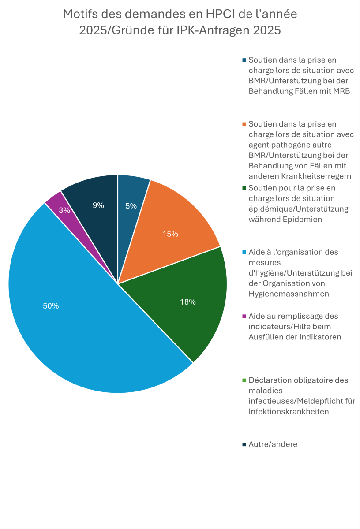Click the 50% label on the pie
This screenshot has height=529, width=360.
[51, 306]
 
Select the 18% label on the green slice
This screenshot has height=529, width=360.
[188, 302]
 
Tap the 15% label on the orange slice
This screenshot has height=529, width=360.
[170, 234]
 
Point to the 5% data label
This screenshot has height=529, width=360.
[131, 205]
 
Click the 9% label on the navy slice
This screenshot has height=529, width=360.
[98, 205]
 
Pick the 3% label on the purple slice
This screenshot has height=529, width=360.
[64, 211]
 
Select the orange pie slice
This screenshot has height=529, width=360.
[176, 220]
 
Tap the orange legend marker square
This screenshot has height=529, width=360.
[244, 124]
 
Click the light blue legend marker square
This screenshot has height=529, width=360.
[244, 252]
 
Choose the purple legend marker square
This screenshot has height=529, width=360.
[244, 316]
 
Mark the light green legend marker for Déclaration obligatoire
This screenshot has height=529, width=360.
[244, 380]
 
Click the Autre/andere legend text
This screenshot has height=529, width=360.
[273, 444]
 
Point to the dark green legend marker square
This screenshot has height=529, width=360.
[244, 188]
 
